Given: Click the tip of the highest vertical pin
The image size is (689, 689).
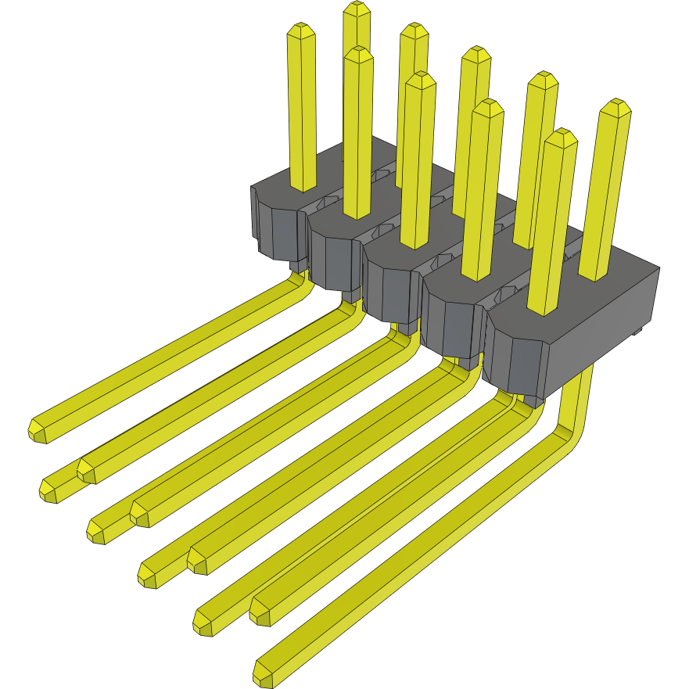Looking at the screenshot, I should pyautogui.click(x=357, y=7).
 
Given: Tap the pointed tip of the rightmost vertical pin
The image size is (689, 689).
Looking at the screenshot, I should pyautogui.click(x=615, y=104).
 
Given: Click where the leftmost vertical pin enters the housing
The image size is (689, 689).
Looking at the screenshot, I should pyautogui.click(x=302, y=186).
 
